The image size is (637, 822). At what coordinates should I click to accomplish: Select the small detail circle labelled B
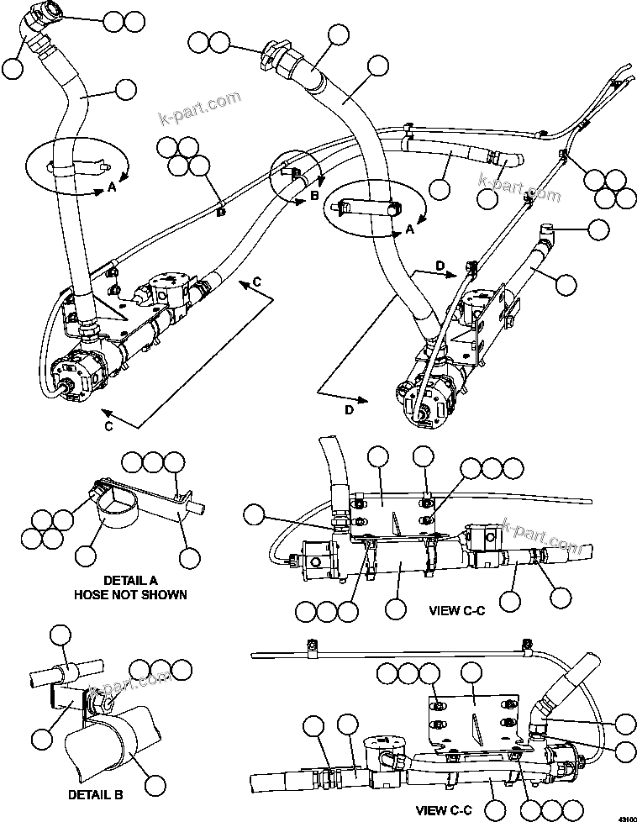pos(295,174)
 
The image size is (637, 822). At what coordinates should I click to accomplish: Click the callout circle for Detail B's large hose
pos(154,785)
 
